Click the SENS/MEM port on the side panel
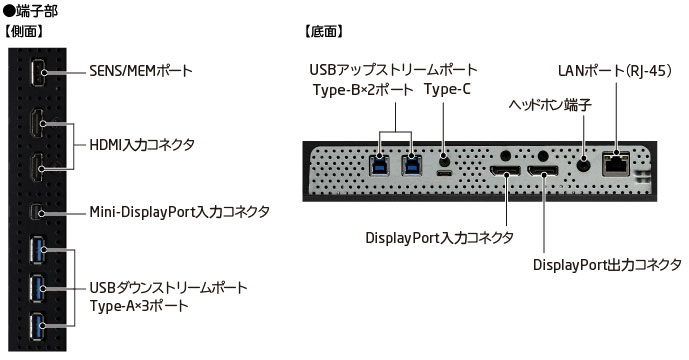37,71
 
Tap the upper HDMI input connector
37,124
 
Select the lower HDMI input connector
37,167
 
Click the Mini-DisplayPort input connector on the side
37,213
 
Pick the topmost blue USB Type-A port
37,250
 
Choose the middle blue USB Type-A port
37,288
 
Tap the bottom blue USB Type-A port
37,326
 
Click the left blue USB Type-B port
379,164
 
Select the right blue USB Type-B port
411,164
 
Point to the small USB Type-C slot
444,173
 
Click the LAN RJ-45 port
616,163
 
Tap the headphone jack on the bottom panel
584,165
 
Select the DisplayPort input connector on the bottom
506,171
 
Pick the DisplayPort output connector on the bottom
543,171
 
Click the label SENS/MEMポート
141,71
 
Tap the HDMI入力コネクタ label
142,145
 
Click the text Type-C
447,89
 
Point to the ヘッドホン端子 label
550,105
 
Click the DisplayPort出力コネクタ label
607,265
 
